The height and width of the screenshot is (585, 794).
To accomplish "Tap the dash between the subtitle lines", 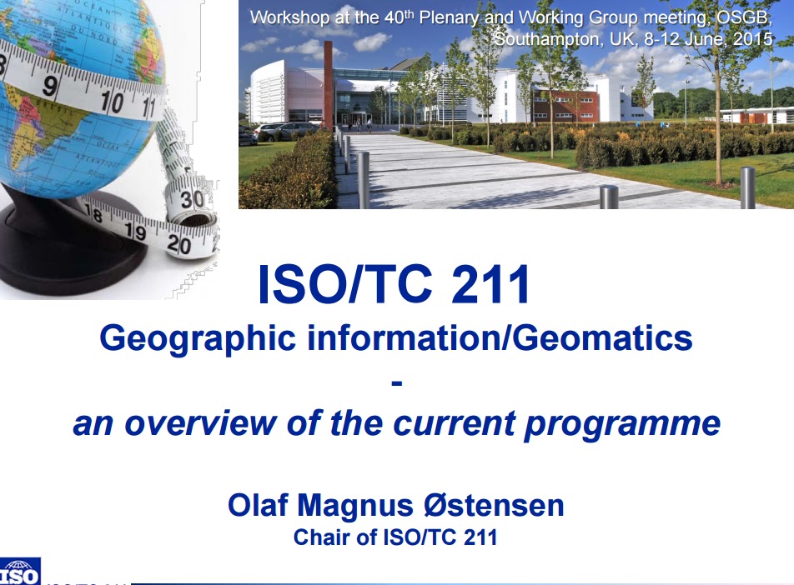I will [x=396, y=382].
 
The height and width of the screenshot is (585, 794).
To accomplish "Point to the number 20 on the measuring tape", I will [x=178, y=244].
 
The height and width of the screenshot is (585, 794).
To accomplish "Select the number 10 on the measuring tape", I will [x=110, y=102].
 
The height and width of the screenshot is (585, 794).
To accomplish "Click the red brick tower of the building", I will [x=328, y=83].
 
